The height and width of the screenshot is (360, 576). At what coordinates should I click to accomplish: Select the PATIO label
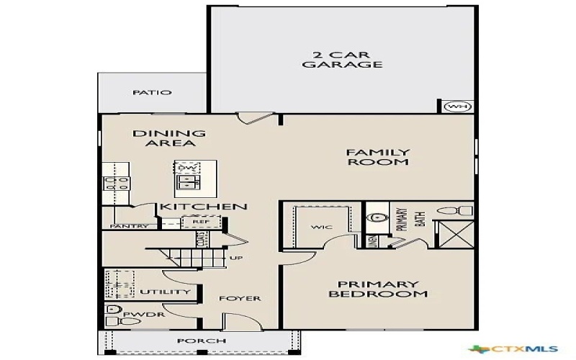coord(152,93)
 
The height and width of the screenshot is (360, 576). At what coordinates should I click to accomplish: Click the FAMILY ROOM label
coord(377,157)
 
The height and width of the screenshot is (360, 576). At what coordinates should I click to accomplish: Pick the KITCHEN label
coord(204,207)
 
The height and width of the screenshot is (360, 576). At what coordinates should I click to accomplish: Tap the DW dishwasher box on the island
coord(186,168)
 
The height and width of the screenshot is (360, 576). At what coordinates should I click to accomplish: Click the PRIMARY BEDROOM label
coord(378,289)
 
